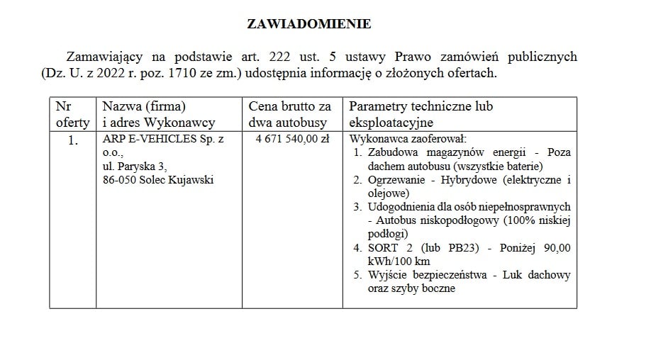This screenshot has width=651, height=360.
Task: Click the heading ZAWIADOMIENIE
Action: pos(308,24)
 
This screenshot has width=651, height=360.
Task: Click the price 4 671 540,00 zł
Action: pos(292,140)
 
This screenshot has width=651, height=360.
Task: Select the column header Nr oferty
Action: pos(72,114)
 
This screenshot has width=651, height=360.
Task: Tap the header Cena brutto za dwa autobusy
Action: pos(289,114)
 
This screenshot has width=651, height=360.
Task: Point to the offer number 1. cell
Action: pos(72,140)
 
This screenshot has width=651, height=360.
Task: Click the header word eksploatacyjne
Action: pos(389,122)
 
